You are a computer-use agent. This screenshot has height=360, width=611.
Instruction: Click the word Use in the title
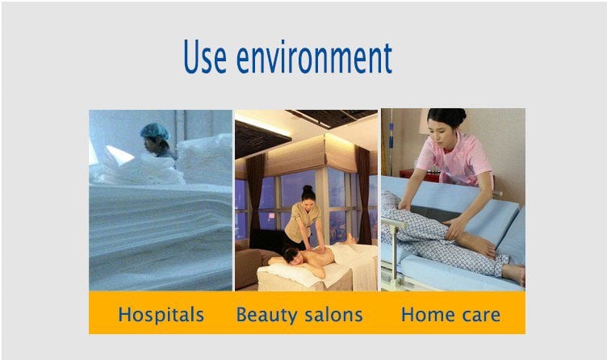(204, 57)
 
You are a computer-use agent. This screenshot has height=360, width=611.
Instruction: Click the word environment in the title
(314, 57)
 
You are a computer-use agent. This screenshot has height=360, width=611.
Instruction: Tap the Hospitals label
(161, 315)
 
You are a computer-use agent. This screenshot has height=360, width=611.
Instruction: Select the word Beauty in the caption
(266, 315)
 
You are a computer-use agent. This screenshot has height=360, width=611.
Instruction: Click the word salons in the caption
(333, 315)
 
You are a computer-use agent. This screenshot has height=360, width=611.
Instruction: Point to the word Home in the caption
(424, 315)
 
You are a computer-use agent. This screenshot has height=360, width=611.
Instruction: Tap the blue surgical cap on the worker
(155, 132)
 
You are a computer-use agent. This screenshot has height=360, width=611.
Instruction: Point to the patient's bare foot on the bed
(514, 274)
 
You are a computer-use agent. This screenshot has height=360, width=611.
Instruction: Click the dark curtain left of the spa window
(257, 199)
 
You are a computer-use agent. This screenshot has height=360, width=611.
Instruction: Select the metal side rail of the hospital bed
(395, 249)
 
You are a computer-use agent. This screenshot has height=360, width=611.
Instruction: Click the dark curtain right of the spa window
(363, 195)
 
